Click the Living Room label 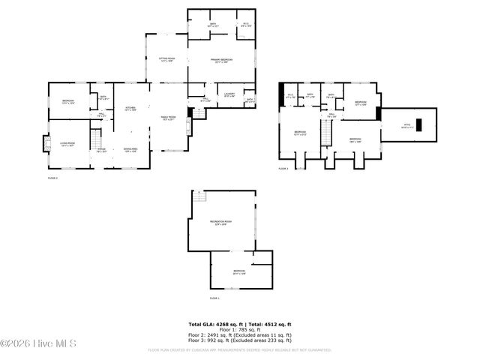(x=67, y=144)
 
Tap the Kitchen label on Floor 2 (x=130, y=108)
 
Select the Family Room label (x=168, y=118)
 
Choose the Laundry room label (x=229, y=94)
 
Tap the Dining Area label (x=130, y=150)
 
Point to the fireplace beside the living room (x=44, y=142)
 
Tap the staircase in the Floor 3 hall (x=326, y=133)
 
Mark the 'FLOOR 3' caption (x=283, y=169)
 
